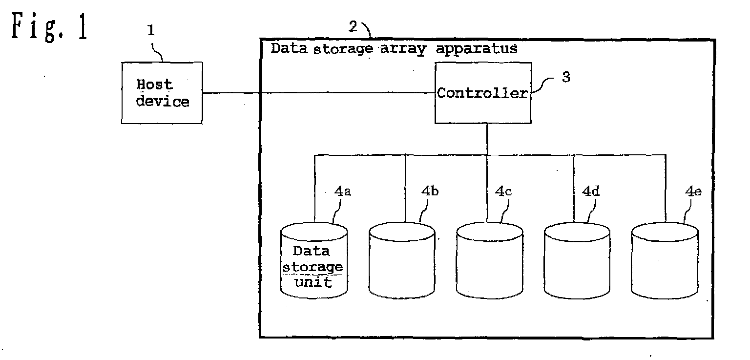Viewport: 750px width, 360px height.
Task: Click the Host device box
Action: (162, 93)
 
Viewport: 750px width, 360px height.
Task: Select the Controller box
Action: (483, 93)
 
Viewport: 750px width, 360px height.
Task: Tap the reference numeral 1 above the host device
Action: (151, 30)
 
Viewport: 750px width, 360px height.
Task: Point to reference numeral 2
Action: (353, 26)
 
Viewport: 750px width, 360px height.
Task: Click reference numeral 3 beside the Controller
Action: (566, 77)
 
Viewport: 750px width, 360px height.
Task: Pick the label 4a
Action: (342, 191)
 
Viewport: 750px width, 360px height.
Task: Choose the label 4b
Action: (430, 191)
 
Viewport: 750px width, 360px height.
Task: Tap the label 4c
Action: (503, 191)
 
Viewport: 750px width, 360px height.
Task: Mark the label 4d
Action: (591, 191)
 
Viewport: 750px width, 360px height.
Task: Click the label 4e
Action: (693, 191)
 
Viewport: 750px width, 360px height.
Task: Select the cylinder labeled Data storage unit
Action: (314, 260)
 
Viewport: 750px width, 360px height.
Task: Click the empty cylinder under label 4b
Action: (402, 260)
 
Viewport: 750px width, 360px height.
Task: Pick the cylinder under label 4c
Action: (490, 260)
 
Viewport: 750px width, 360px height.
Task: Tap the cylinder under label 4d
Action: (577, 260)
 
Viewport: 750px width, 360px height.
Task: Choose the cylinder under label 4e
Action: (665, 260)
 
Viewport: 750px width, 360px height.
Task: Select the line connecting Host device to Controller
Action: (319, 93)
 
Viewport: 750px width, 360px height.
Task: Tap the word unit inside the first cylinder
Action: (313, 282)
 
